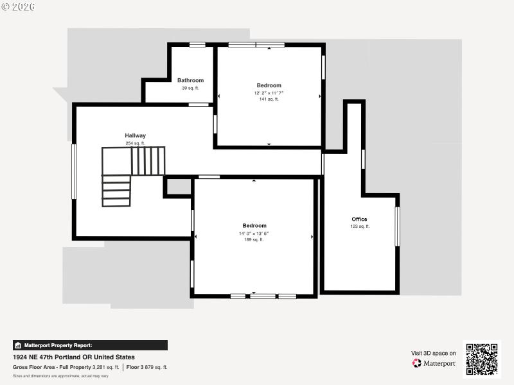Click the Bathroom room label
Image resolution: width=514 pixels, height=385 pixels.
(x=190, y=80)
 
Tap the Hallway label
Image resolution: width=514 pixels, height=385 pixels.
(x=135, y=135)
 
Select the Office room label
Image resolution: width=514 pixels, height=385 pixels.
(x=359, y=219)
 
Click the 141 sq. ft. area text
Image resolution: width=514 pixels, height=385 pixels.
(x=269, y=99)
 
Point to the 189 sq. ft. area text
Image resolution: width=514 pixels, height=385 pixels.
(x=254, y=240)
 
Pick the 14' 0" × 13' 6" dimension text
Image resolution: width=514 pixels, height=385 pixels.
(x=254, y=234)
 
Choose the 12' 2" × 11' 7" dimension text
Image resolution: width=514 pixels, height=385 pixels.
(x=269, y=93)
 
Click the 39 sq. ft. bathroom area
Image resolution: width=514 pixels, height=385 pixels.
(x=190, y=88)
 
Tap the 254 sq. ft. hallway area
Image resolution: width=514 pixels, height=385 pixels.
(x=135, y=143)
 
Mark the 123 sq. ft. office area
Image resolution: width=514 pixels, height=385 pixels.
(x=360, y=227)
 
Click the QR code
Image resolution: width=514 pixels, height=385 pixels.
(x=482, y=359)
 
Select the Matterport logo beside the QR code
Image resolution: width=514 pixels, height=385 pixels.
(x=434, y=363)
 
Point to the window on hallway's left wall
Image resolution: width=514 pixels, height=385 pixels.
(x=74, y=171)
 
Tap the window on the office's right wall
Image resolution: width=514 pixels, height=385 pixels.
(x=397, y=226)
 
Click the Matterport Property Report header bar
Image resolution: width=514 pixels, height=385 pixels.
(x=90, y=345)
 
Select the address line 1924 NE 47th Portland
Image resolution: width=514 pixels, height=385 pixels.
(x=74, y=357)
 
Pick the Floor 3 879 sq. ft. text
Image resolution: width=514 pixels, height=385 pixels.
(x=146, y=367)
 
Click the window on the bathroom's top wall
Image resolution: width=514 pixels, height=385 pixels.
(x=197, y=44)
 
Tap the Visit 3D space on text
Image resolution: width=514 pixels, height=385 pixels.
(x=434, y=353)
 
